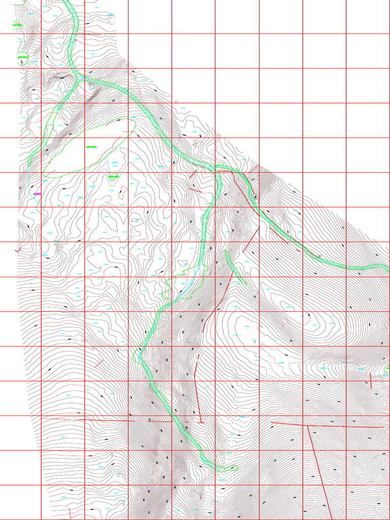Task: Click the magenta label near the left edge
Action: click(x=37, y=193)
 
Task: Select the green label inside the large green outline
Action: click(x=91, y=147)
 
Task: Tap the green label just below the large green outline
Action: click(x=113, y=177)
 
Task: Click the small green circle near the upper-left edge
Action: click(x=22, y=58)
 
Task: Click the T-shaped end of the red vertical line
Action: click(x=202, y=422)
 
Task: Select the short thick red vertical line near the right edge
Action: click(x=371, y=381)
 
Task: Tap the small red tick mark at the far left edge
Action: click(x=18, y=250)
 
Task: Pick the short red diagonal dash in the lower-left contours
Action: click(x=99, y=364)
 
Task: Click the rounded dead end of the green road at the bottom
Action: click(x=235, y=467)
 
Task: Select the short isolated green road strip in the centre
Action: click(x=235, y=267)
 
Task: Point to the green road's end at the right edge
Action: click(x=387, y=267)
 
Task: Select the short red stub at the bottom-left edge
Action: click(x=70, y=513)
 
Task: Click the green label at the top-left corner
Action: click(x=18, y=24)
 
